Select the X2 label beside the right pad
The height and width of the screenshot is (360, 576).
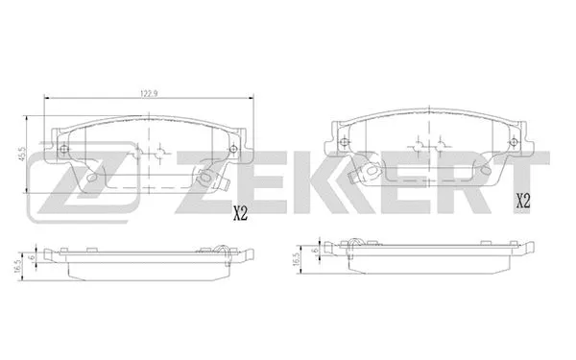[x=525, y=202]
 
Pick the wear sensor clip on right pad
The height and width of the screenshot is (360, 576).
[x=366, y=173]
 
